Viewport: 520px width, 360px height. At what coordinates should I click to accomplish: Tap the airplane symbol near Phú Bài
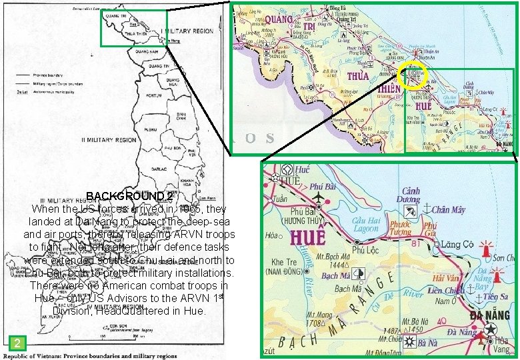click(318, 199)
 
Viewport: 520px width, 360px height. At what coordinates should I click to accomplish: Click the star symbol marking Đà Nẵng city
click(492, 329)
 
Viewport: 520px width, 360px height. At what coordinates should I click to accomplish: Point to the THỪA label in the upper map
click(357, 75)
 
